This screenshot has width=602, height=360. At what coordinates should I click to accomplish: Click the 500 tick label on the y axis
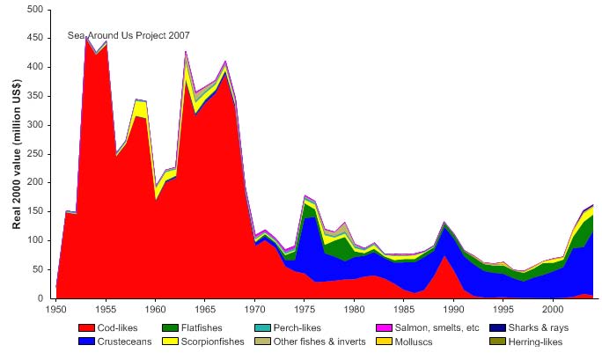pyautogui.click(x=36, y=10)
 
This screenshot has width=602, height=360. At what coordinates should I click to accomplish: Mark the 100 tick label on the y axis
pyautogui.click(x=36, y=240)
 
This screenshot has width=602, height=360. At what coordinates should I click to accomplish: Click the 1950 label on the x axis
pyautogui.click(x=55, y=310)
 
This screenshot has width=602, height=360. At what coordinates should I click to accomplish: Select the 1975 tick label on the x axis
pyautogui.click(x=305, y=310)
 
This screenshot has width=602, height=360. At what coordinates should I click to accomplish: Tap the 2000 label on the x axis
pyautogui.click(x=553, y=310)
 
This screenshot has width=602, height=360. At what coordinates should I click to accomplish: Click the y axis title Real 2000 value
pyautogui.click(x=17, y=154)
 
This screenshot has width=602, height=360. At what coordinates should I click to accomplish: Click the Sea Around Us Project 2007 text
pyautogui.click(x=128, y=36)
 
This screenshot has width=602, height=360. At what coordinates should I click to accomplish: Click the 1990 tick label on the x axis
pyautogui.click(x=453, y=310)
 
